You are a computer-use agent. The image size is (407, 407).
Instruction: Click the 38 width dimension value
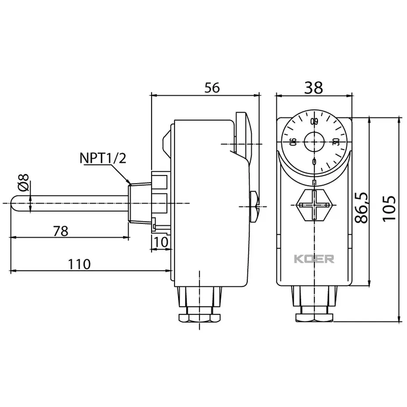point(313,88)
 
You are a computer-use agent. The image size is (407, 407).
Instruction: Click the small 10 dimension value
point(161,242)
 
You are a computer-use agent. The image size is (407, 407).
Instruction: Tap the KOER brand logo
point(314,259)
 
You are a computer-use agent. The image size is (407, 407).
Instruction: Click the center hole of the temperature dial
point(314,142)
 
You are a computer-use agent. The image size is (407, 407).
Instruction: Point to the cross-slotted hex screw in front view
point(314,204)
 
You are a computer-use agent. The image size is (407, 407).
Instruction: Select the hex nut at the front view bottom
point(314,316)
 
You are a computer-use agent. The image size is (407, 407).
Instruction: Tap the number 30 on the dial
point(336,142)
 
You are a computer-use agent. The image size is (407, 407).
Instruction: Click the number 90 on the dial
point(293,142)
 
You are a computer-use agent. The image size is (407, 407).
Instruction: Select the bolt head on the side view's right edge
point(254,204)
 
